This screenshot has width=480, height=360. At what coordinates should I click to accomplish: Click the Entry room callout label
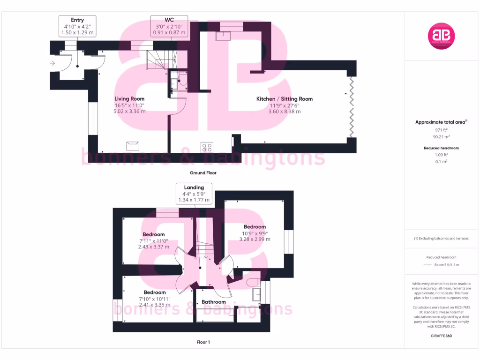click(77, 26)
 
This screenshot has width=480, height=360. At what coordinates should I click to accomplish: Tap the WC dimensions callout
click(169, 26)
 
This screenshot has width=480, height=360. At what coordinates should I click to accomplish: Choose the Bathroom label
click(213, 302)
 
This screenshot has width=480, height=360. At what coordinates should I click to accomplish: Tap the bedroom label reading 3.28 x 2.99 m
click(255, 233)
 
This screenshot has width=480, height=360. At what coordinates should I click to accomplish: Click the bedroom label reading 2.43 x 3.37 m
click(154, 240)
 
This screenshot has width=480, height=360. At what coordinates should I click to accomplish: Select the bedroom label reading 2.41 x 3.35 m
click(154, 299)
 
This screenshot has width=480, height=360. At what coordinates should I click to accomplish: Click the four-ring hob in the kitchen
click(206, 147)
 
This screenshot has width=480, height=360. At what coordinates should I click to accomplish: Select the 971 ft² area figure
click(441, 130)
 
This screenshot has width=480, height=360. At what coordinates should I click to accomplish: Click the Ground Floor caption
click(203, 172)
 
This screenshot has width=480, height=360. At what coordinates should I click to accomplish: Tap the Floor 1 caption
click(203, 342)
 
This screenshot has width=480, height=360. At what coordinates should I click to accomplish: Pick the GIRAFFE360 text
click(441, 336)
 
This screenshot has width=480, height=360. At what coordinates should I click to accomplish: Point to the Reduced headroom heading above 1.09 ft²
click(441, 148)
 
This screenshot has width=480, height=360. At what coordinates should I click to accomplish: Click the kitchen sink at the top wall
click(225, 36)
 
